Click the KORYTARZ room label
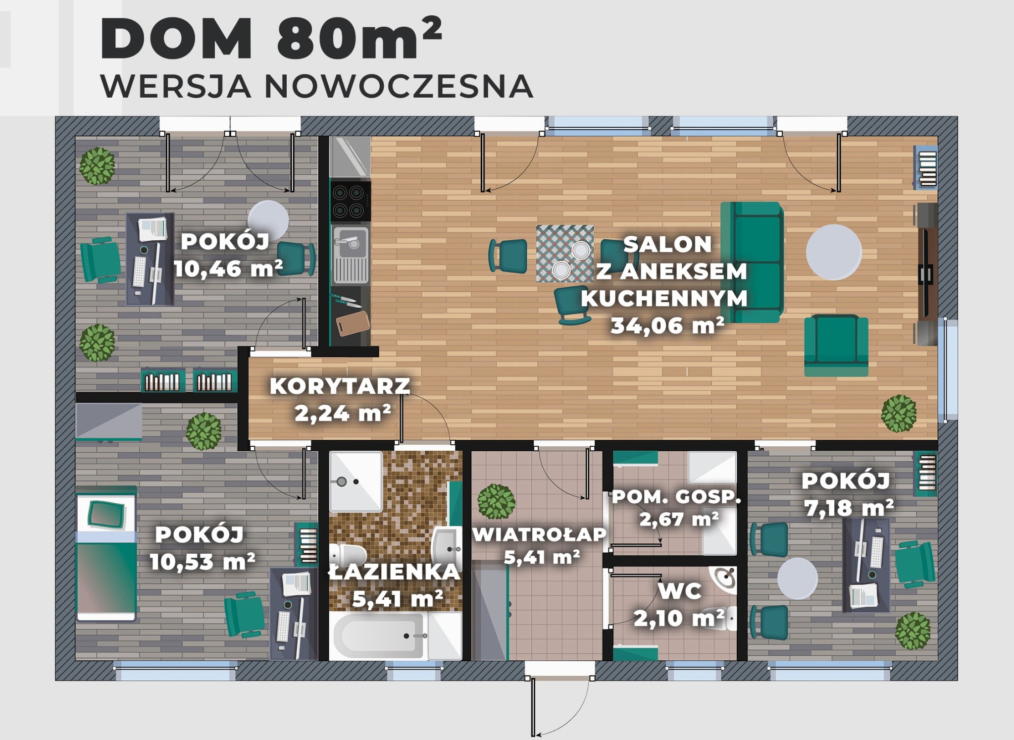click(x=340, y=386)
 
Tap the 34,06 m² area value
click(x=667, y=326)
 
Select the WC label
click(x=679, y=591)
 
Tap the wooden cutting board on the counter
click(x=353, y=322)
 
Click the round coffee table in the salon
click(x=834, y=252)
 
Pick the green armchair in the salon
click(x=836, y=345)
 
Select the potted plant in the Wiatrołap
click(x=496, y=501)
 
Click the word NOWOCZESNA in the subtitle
click(x=399, y=87)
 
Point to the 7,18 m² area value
click(x=849, y=508)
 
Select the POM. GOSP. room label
click(x=676, y=497)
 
